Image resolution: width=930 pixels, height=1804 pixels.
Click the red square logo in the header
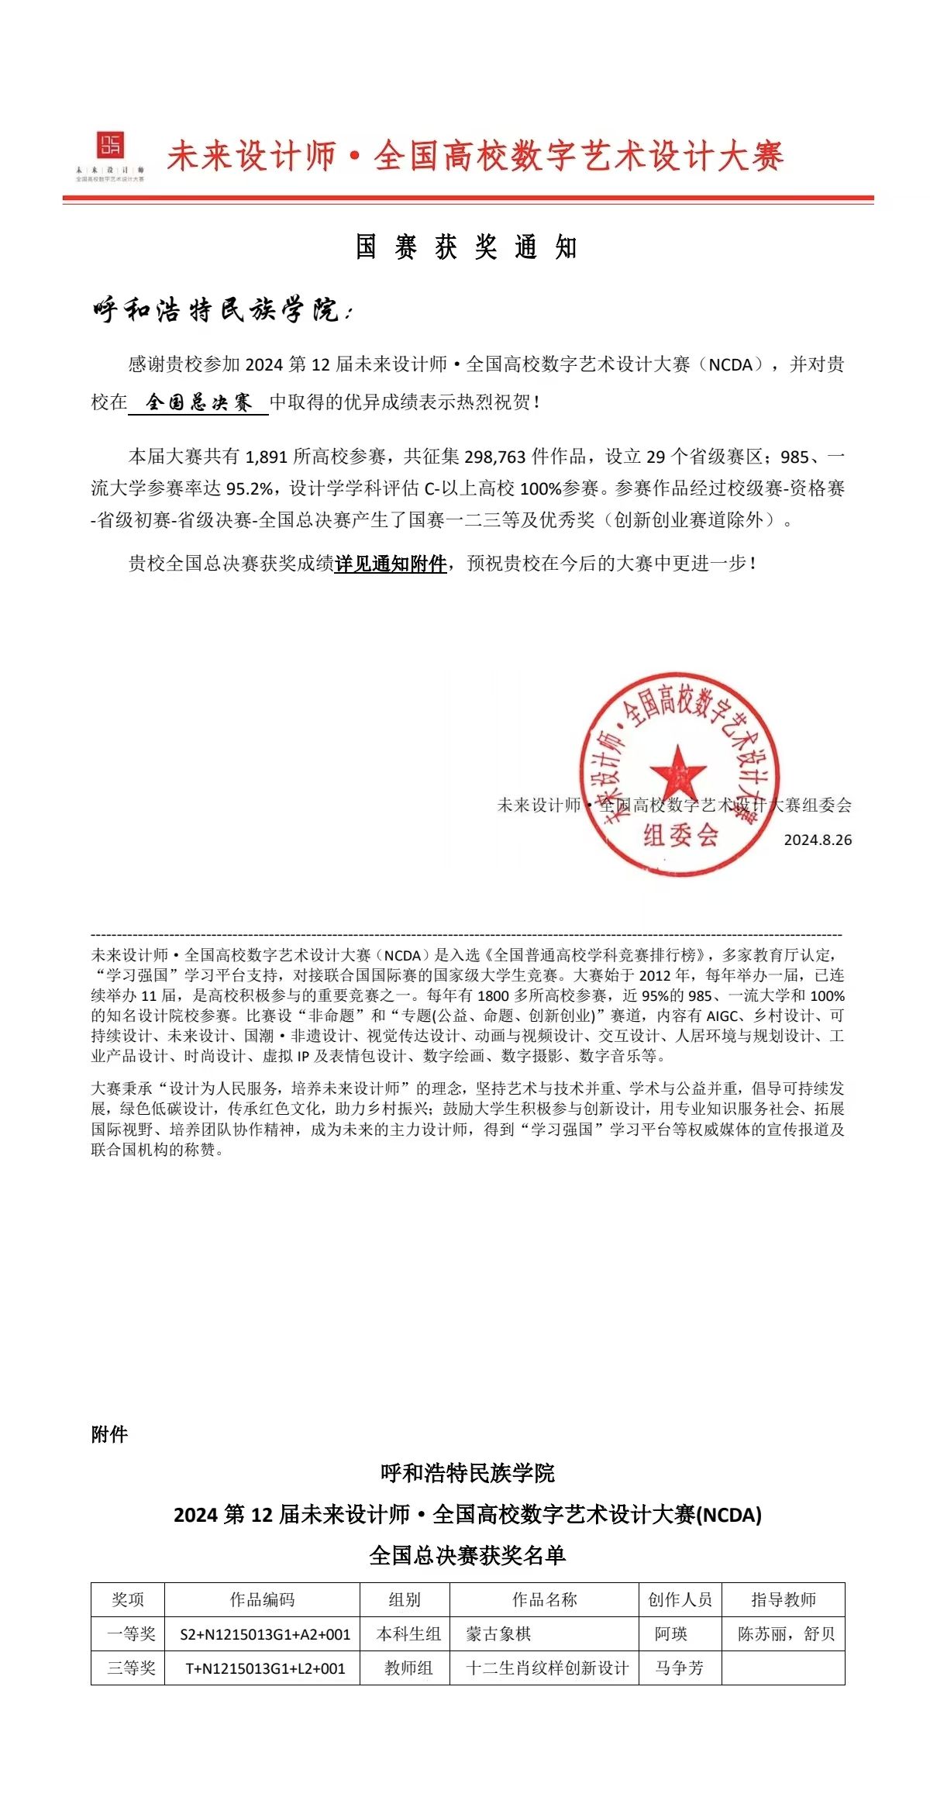pyautogui.click(x=110, y=146)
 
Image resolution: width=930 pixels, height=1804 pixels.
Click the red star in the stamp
pyautogui.click(x=677, y=771)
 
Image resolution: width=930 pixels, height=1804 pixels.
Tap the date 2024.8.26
pyautogui.click(x=818, y=840)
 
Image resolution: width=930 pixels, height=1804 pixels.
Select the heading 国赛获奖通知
pyautogui.click(x=467, y=247)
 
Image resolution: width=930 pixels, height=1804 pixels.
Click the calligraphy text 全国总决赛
pyautogui.click(x=199, y=402)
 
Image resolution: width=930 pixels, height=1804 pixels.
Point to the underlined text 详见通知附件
pyautogui.click(x=391, y=564)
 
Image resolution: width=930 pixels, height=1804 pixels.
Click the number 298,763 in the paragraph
pyautogui.click(x=495, y=457)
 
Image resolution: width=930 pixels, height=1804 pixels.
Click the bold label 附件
pyautogui.click(x=109, y=1434)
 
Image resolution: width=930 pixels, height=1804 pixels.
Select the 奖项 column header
pyautogui.click(x=128, y=1599)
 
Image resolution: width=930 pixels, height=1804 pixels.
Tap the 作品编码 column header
pyautogui.click(x=262, y=1599)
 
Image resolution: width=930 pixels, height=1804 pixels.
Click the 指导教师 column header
pyautogui.click(x=784, y=1599)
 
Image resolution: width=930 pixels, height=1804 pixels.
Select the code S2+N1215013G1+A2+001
pyautogui.click(x=265, y=1635)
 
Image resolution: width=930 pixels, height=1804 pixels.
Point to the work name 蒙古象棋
pyautogui.click(x=498, y=1634)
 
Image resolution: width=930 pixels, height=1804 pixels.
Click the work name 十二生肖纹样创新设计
pyautogui.click(x=547, y=1668)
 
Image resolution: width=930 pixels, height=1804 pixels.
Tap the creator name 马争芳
pyautogui.click(x=679, y=1668)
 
